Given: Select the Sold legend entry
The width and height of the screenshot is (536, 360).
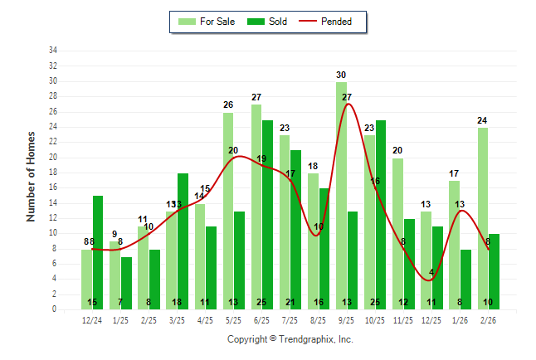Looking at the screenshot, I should [270, 22].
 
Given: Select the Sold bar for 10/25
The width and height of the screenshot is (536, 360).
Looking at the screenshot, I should [381, 215].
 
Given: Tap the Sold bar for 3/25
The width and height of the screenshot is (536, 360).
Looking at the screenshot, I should [183, 241].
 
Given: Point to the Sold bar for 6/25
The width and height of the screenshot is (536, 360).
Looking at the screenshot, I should [268, 215].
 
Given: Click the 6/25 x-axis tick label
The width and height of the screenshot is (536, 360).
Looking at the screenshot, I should [262, 320].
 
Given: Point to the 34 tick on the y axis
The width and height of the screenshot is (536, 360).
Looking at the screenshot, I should [53, 51].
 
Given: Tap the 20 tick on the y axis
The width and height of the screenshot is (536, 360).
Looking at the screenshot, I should [53, 157].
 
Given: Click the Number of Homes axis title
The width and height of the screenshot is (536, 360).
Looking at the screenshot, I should [32, 176].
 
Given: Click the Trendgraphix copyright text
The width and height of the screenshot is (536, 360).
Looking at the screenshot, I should [290, 339].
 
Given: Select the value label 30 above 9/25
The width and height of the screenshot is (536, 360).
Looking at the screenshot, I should [341, 75].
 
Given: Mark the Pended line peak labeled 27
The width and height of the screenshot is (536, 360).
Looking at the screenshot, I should [347, 104].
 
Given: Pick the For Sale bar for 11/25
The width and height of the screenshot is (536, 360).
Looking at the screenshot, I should [397, 233].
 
